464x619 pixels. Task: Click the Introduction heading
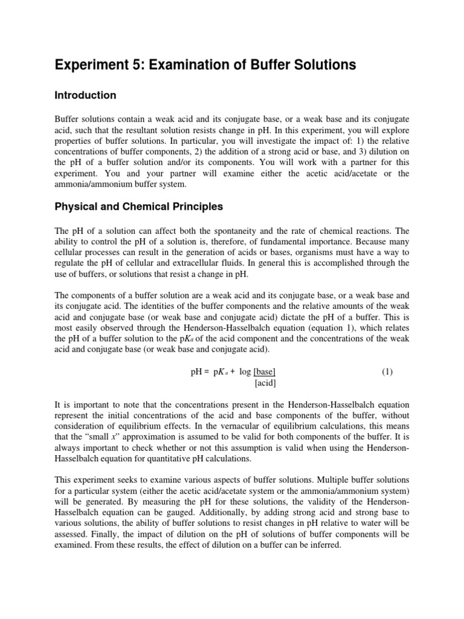[x=85, y=96]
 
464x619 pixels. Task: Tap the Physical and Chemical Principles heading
[x=139, y=207]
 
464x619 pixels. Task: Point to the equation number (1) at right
[x=387, y=372]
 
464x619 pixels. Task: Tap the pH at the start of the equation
[x=197, y=372]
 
